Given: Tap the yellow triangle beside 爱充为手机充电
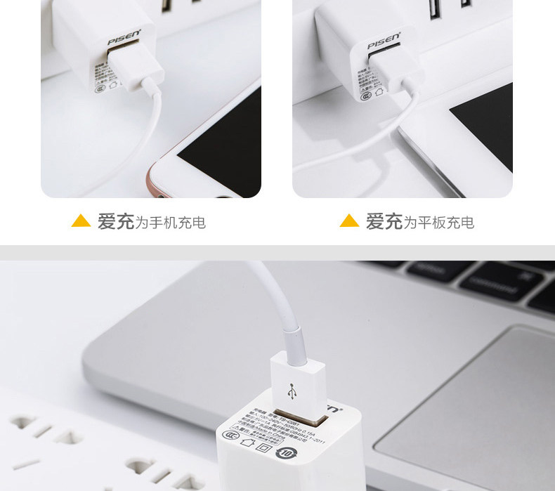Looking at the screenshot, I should pos(81,221).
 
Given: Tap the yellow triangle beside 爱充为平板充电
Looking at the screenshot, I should pos(349,221).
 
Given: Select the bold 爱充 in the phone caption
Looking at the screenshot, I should pos(115,222).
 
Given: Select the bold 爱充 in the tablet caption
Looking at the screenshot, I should pos(384,222).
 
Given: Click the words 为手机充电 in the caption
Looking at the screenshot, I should pos(171,223).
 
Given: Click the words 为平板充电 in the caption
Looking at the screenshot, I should pos(439,223).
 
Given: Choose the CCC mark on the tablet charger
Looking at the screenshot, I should pos(365,94).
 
